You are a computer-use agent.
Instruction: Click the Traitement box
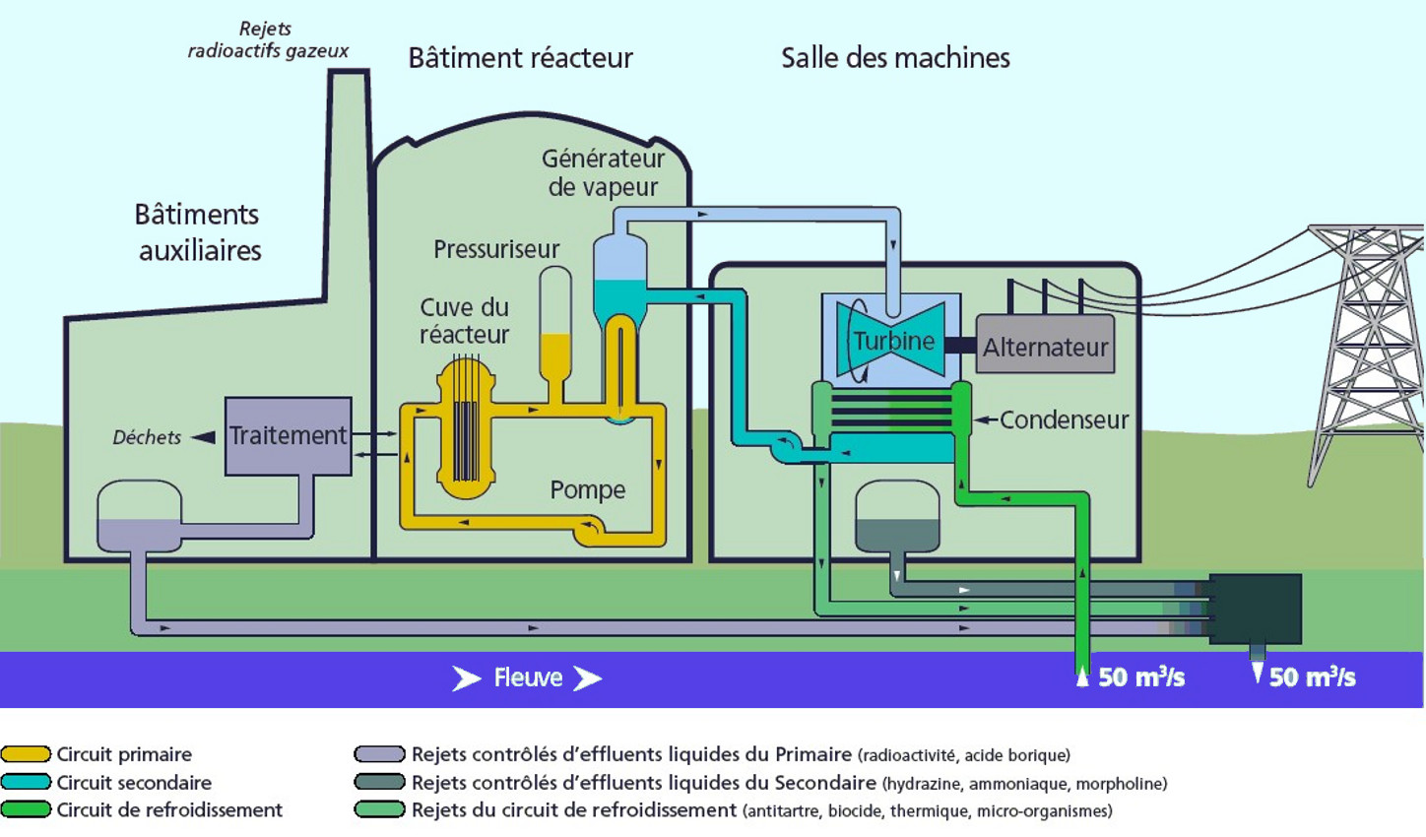(x=288, y=436)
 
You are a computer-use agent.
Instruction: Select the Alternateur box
(x=1045, y=345)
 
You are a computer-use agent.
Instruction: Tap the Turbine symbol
(x=892, y=341)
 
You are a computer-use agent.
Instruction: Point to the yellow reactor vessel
(x=466, y=428)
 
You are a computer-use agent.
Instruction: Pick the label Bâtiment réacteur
(x=520, y=58)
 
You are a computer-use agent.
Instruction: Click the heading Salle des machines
(x=895, y=58)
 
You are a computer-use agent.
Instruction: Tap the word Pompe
(x=587, y=489)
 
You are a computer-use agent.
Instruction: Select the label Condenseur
(x=1064, y=420)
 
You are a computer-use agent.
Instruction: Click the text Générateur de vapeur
(x=603, y=172)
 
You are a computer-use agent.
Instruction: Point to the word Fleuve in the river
(x=528, y=677)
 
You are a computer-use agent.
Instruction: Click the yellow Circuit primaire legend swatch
(x=26, y=754)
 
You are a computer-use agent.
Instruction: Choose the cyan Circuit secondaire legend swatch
(x=26, y=782)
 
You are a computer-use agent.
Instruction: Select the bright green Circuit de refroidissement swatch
(x=26, y=809)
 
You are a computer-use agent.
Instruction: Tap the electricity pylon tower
(x=1369, y=345)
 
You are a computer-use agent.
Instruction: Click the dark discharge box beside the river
(x=1255, y=609)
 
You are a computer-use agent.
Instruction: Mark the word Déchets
(x=147, y=438)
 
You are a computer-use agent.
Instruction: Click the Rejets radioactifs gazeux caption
(x=267, y=40)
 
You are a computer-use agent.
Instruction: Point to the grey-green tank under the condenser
(x=896, y=518)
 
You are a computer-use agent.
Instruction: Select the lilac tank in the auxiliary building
(x=139, y=517)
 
